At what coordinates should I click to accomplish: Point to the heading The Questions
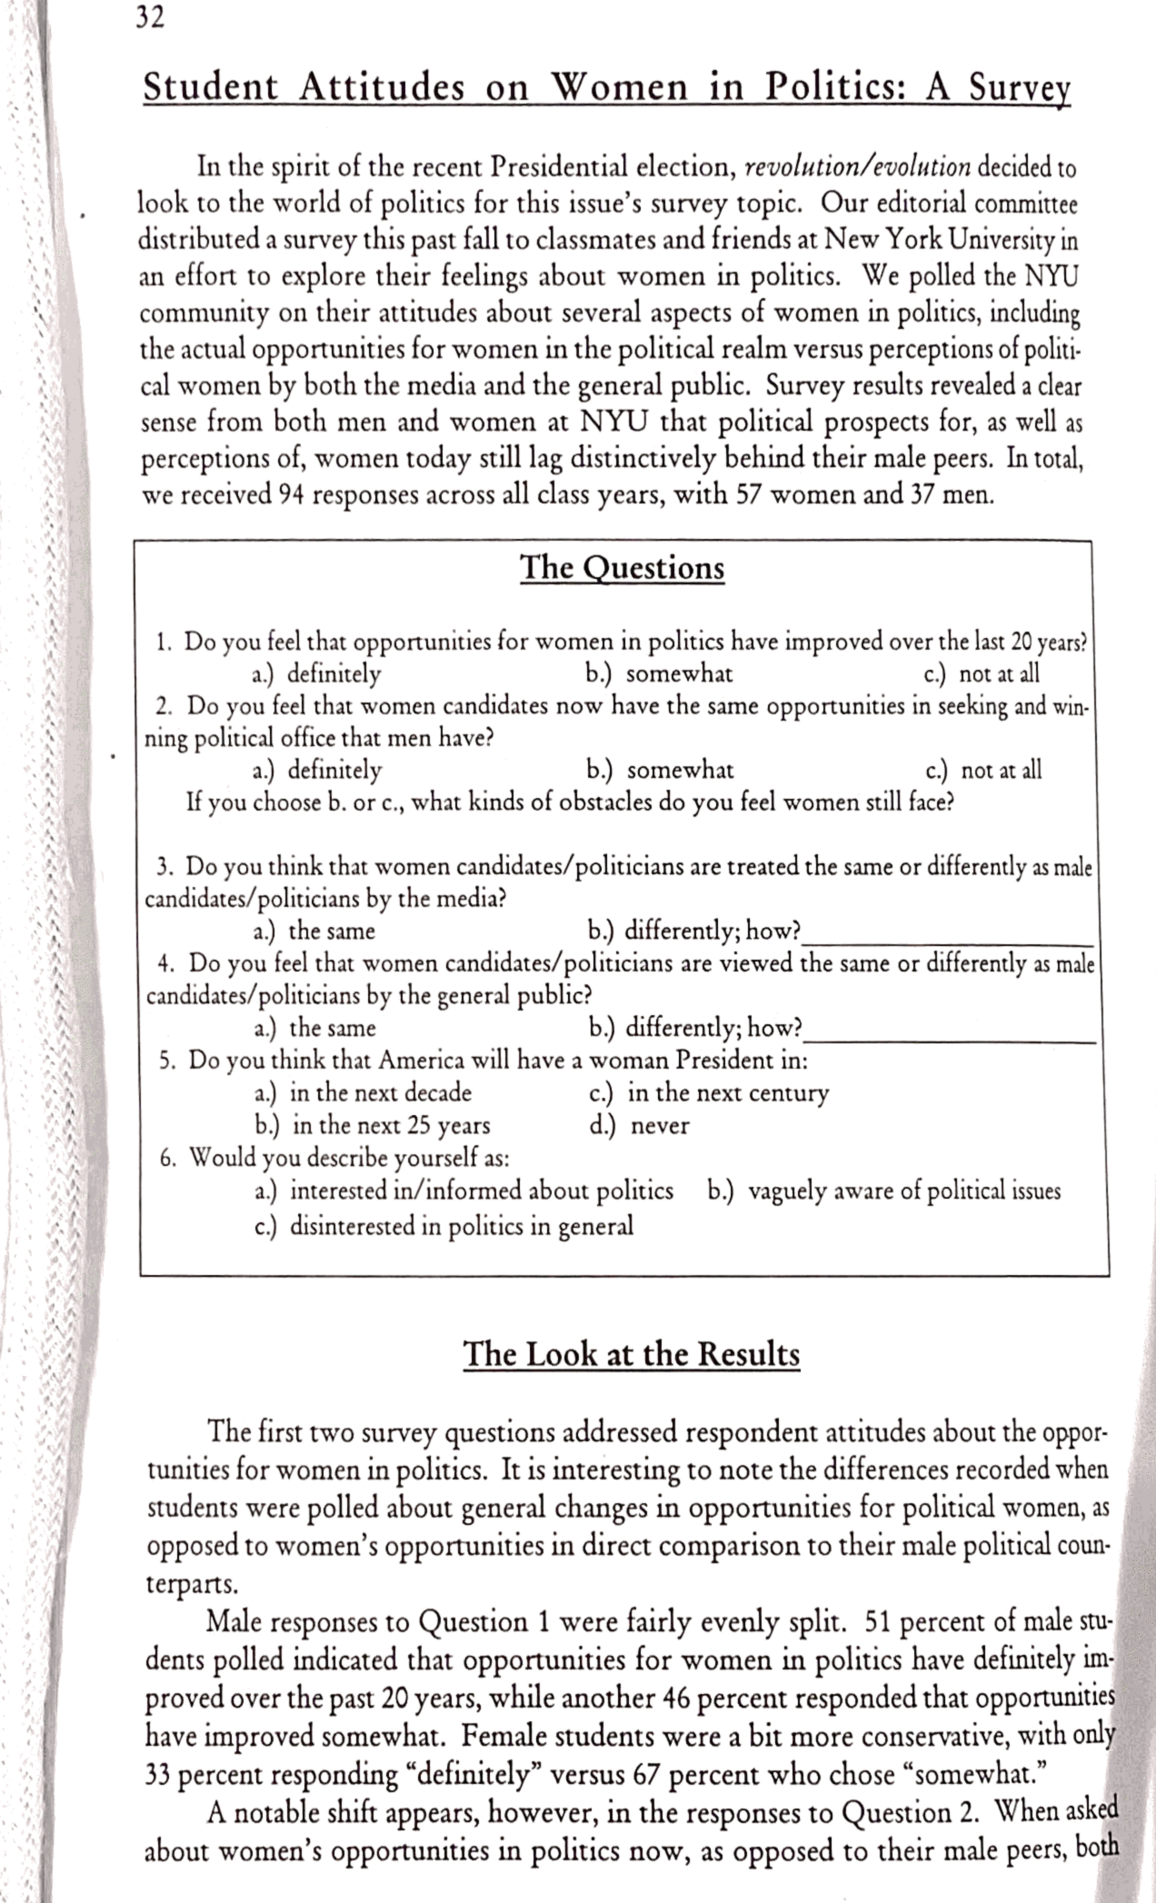pyautogui.click(x=622, y=568)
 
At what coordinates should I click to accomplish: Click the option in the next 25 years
pyautogui.click(x=373, y=1126)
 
